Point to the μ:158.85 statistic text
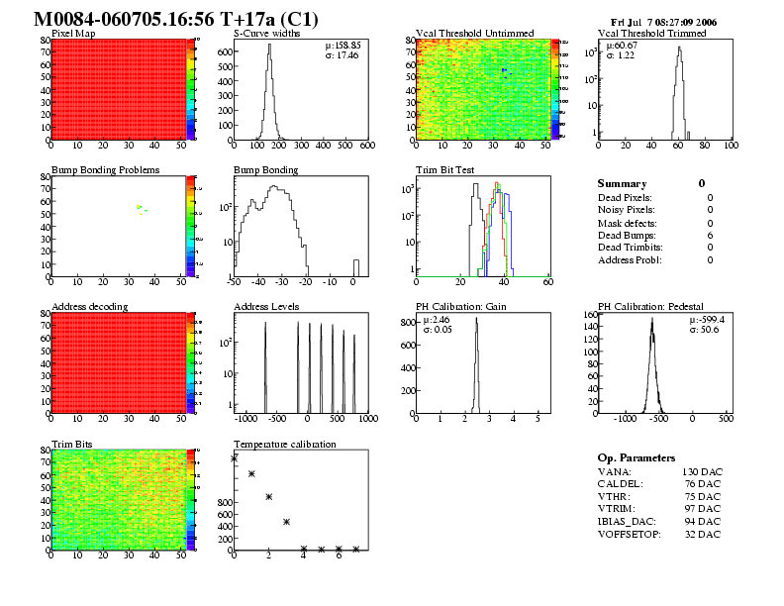[343, 45]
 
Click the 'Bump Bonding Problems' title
[105, 170]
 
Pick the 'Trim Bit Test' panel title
[444, 170]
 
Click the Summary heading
[622, 184]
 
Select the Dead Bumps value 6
[710, 236]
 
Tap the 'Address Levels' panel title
[266, 307]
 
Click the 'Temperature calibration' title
[284, 444]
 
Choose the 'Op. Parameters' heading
[637, 458]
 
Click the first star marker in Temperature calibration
[234, 458]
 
